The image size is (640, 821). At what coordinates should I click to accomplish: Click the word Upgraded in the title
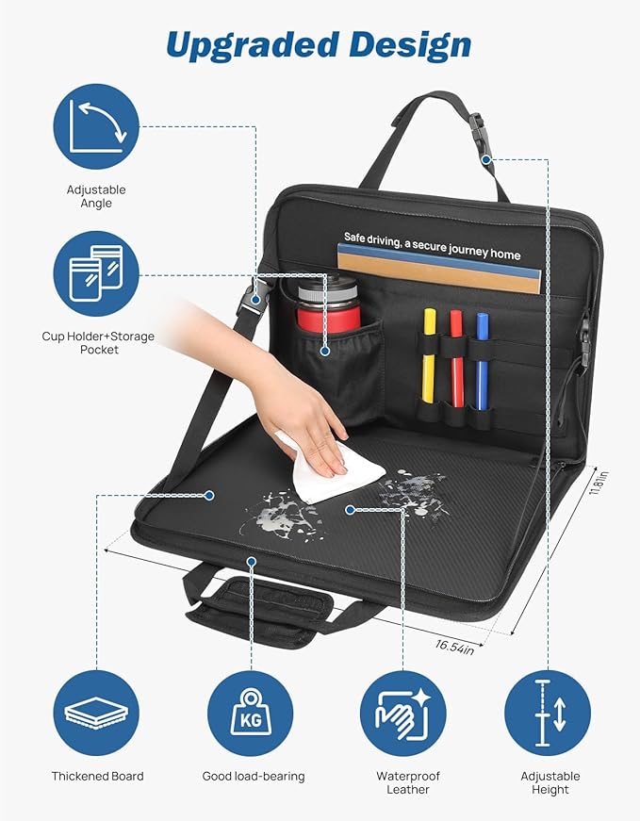[x=252, y=46]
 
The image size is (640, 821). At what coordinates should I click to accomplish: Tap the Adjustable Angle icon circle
[x=96, y=126]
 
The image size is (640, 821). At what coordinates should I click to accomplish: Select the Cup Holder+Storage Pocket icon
[x=96, y=274]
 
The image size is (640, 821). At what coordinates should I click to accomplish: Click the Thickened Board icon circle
[x=96, y=714]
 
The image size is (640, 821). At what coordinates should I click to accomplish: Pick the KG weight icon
[x=251, y=714]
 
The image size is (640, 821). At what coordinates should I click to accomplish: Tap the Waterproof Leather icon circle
[x=402, y=714]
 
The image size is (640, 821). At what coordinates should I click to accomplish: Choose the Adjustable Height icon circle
[x=548, y=714]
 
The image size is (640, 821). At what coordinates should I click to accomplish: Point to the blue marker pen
[x=483, y=362]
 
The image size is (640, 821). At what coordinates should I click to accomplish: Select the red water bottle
[x=329, y=306]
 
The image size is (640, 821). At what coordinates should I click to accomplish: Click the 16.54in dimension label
[x=454, y=647]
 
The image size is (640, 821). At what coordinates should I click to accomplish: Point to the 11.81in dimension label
[x=599, y=483]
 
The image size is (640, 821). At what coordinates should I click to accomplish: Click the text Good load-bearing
[x=254, y=777]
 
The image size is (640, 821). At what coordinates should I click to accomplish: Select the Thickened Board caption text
[x=97, y=776]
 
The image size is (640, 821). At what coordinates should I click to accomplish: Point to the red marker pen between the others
[x=457, y=359]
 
